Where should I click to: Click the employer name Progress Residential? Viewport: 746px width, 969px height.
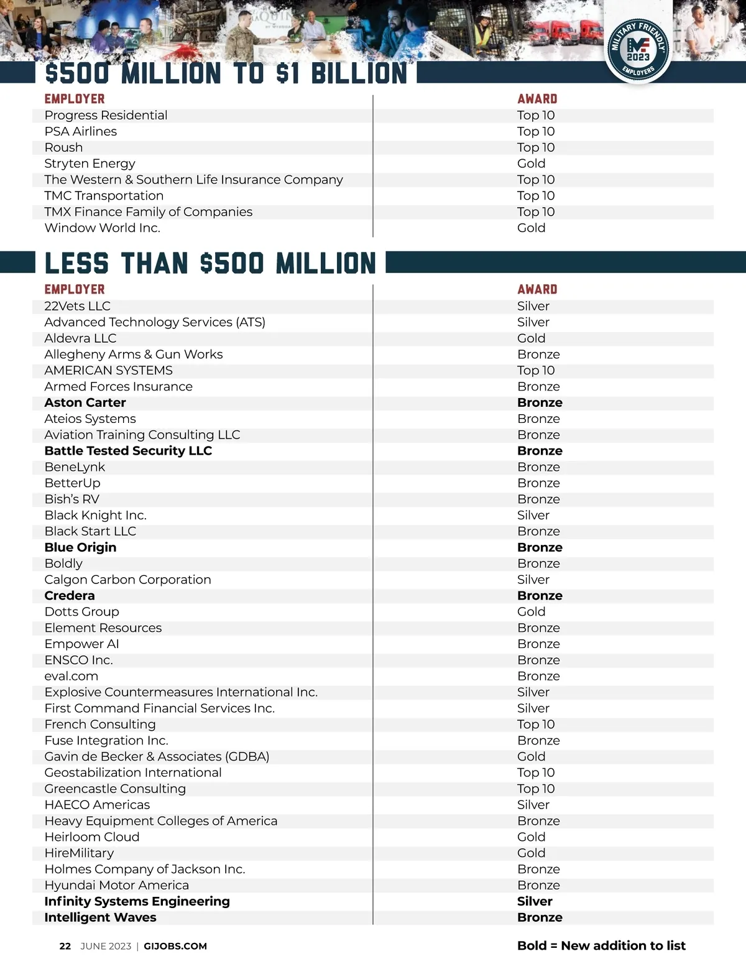[x=106, y=115]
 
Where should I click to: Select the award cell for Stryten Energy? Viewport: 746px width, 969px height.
[x=531, y=164]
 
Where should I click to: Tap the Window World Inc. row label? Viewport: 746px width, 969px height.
[x=102, y=228]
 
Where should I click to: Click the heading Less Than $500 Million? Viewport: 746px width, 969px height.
[x=210, y=264]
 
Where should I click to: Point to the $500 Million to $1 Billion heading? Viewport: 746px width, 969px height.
[x=226, y=73]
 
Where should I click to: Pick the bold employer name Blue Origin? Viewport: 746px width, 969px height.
[x=80, y=547]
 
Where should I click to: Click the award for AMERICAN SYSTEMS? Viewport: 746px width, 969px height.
[x=535, y=371]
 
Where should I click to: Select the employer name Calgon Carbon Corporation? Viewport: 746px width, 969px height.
[x=127, y=580]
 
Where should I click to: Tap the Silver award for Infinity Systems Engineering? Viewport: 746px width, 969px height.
[x=535, y=901]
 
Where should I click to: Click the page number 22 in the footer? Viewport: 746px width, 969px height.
[x=65, y=946]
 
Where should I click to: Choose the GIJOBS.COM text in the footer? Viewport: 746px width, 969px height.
[x=175, y=946]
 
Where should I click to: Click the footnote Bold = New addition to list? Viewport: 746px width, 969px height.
[x=601, y=945]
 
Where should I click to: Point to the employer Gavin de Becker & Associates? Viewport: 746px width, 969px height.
[x=157, y=756]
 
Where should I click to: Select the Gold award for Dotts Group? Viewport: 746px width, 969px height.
[x=531, y=612]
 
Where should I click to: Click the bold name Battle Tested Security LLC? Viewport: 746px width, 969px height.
[x=128, y=451]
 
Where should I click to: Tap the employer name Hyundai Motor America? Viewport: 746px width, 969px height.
[x=116, y=885]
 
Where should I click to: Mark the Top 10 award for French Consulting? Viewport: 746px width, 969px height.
[x=535, y=725]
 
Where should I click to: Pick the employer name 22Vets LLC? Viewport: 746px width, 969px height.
[x=77, y=306]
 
